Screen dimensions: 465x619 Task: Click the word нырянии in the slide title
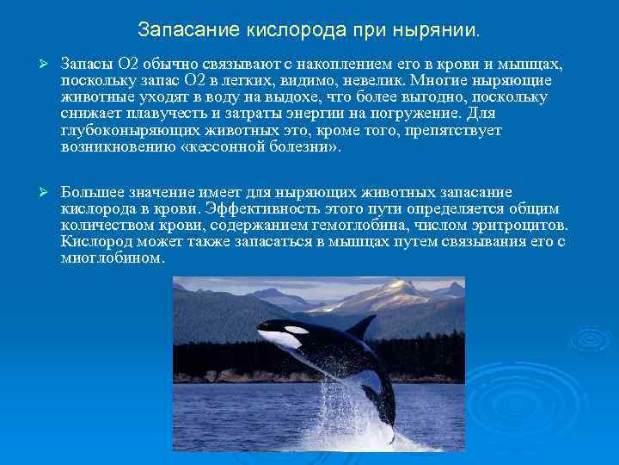click(440, 31)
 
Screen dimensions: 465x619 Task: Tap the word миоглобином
click(111, 257)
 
